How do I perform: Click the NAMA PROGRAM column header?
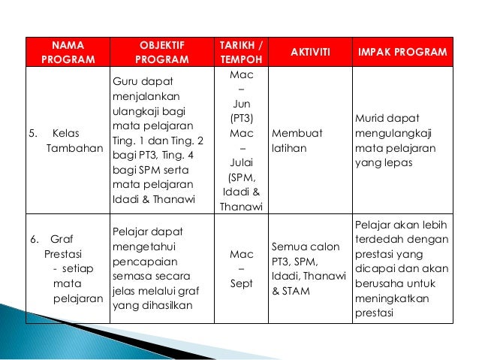(x=67, y=52)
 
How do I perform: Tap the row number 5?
(x=33, y=134)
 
